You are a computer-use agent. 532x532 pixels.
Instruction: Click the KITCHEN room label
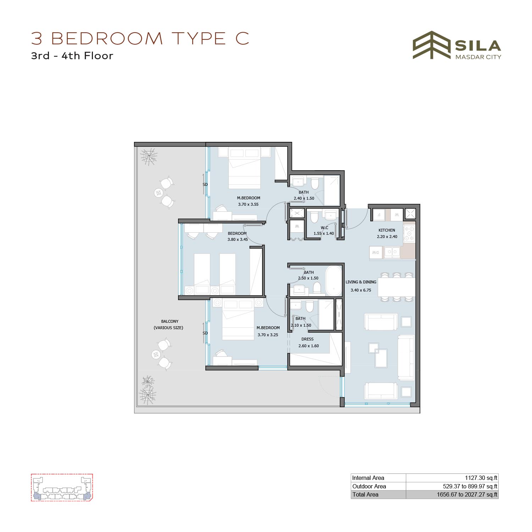387,230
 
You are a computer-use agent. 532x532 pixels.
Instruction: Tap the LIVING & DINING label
361,282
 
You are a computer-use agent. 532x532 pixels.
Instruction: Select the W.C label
325,228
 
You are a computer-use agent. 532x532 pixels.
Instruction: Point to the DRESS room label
307,339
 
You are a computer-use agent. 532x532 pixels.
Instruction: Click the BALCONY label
170,321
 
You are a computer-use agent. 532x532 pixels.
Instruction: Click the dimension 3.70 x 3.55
248,204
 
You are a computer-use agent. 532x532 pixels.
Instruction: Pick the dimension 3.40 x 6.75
361,290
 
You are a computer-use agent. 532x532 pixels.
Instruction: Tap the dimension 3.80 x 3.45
238,239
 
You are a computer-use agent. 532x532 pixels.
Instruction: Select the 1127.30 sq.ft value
481,478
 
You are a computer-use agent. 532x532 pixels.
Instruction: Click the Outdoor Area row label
369,486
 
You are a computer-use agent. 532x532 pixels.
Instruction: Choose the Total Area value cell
452,494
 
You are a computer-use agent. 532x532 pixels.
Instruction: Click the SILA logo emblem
432,45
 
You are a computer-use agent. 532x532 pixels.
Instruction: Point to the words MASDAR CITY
478,57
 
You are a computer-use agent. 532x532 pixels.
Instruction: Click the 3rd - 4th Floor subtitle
72,56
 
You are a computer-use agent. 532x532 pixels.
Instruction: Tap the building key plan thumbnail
62,487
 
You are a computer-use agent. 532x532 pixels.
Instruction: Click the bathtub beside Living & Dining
334,281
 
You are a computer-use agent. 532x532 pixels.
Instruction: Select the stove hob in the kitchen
409,233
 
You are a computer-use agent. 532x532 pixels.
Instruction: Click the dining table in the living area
397,287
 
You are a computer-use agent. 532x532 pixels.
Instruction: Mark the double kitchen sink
392,252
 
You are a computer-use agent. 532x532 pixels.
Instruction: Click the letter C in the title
243,38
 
